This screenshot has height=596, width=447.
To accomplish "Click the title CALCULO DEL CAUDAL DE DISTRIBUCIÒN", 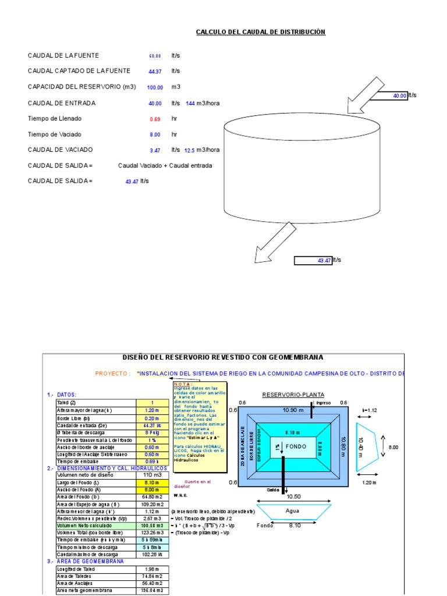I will (260, 32).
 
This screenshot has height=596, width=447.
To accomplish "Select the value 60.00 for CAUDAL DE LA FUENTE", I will (155, 56).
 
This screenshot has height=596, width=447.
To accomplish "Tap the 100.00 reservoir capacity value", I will (155, 87).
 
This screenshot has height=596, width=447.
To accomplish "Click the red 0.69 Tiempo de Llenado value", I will (155, 119).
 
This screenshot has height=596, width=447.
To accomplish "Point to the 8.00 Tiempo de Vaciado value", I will (155, 134).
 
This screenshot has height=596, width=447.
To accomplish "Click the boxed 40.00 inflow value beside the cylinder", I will (399, 95).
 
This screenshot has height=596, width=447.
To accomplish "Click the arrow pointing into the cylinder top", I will (361, 93).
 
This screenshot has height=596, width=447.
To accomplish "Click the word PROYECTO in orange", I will (112, 374).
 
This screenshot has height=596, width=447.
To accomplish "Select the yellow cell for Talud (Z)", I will (152, 403).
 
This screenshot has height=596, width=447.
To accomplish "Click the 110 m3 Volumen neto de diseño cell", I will (152, 475).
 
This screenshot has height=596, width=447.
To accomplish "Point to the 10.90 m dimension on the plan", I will (294, 410).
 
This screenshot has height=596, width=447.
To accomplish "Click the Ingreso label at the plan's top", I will (323, 403).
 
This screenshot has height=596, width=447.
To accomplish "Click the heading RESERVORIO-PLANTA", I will (289, 395).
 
